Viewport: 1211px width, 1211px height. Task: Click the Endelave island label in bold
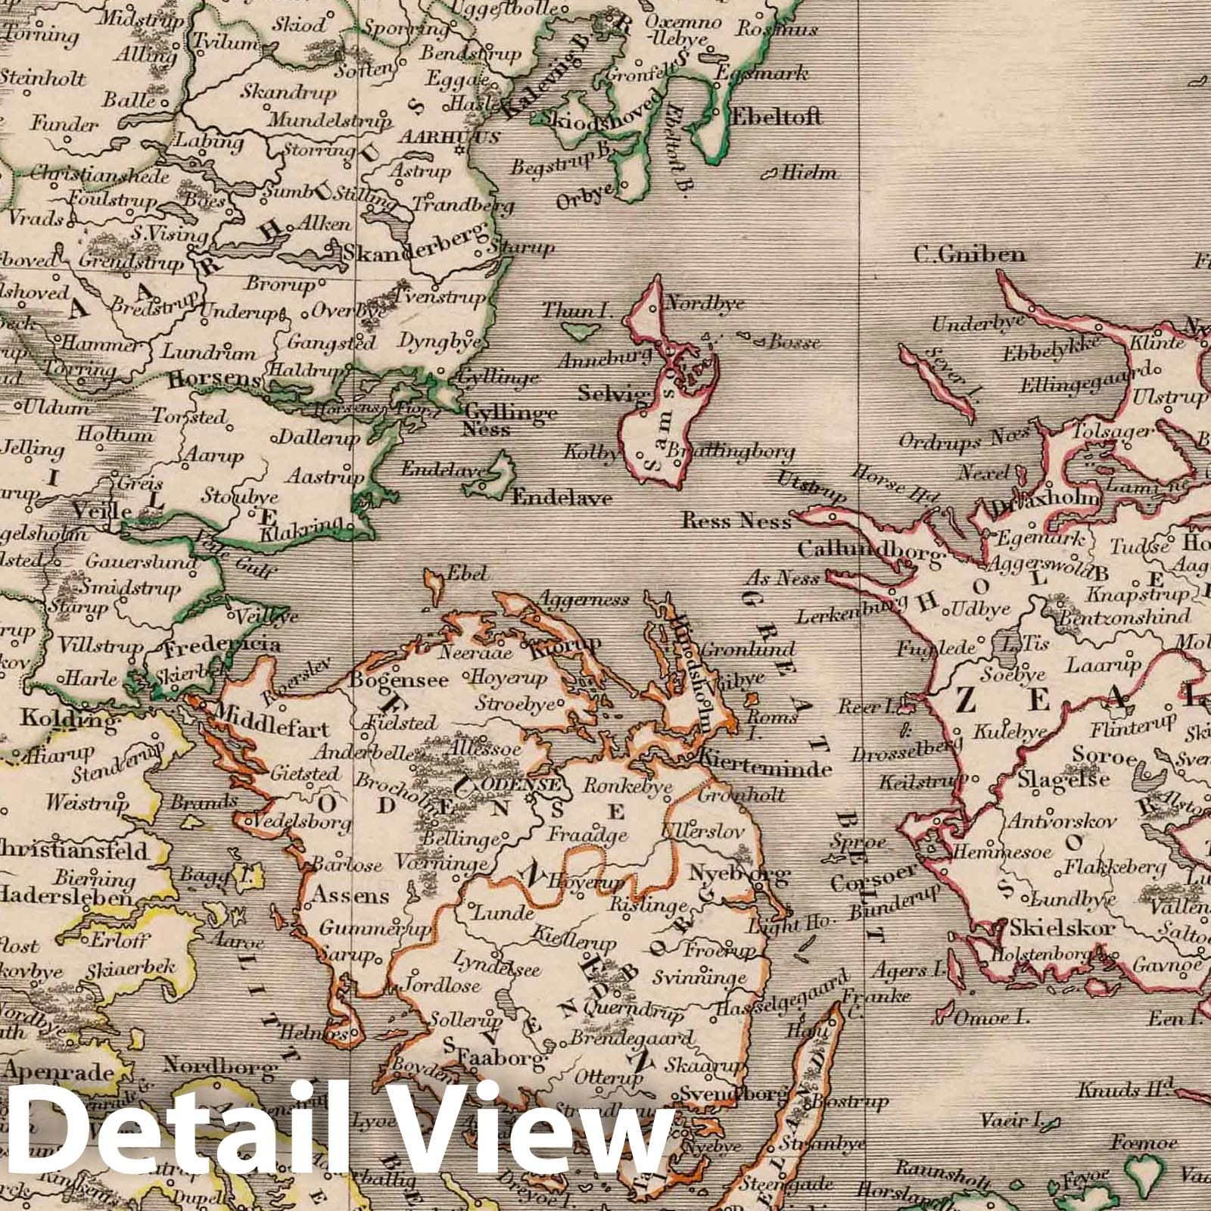562,499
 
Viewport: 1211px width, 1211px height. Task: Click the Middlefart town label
272,730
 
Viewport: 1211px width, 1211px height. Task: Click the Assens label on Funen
349,896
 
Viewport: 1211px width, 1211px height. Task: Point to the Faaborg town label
496,1058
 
